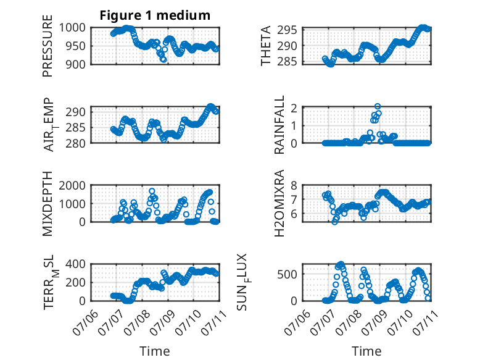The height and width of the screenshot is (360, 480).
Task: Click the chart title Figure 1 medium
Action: click(155, 15)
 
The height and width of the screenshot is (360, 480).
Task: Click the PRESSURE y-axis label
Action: click(48, 46)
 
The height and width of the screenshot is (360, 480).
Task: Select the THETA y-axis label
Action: click(266, 46)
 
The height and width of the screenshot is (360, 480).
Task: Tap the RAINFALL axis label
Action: click(279, 125)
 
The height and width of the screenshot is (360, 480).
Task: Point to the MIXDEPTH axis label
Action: click(48, 204)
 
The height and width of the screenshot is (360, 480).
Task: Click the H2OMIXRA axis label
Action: click(279, 203)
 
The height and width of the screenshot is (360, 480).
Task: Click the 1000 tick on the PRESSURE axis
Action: click(72, 28)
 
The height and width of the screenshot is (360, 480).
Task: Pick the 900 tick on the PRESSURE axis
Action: click(75, 64)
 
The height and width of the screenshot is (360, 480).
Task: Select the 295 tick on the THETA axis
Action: click(287, 30)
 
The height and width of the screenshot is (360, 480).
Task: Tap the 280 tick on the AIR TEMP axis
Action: click(75, 143)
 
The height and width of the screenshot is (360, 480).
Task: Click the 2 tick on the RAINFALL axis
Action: click(294, 108)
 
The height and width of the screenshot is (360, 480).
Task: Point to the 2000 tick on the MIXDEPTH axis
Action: click(72, 185)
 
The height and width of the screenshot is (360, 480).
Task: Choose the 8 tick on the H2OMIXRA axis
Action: click(294, 185)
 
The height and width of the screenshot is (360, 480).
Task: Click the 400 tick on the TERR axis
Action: click(75, 264)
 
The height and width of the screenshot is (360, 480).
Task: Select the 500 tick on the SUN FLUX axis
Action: click(287, 274)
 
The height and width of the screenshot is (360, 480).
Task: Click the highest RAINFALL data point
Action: click(378, 106)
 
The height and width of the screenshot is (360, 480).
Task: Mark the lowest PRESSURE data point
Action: click(163, 59)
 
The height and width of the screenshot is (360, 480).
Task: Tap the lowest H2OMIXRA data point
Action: click(334, 222)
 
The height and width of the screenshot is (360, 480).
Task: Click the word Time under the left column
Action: click(155, 351)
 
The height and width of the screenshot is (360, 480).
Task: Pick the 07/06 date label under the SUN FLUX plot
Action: click(297, 322)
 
